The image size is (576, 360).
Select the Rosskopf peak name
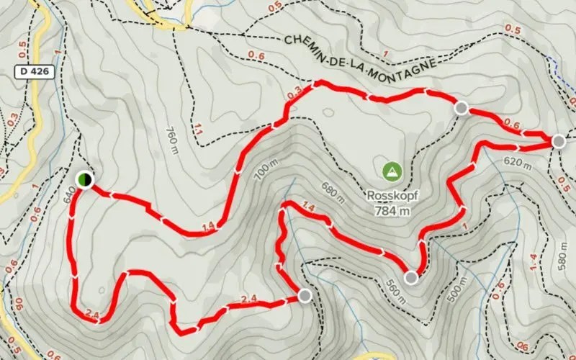pyautogui.click(x=392, y=195)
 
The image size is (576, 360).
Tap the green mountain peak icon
pyautogui.click(x=392, y=171)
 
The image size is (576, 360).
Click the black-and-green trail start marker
pyautogui.click(x=84, y=179)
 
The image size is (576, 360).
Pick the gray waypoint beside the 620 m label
pyautogui.click(x=559, y=141)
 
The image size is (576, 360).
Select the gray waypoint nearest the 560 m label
pyautogui.click(x=411, y=278)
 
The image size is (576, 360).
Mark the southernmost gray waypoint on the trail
pyautogui.click(x=305, y=294)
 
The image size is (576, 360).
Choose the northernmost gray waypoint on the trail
pyautogui.click(x=462, y=108)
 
